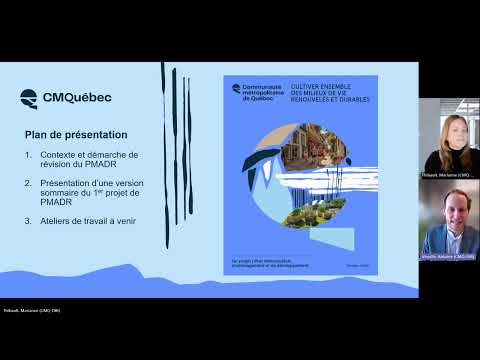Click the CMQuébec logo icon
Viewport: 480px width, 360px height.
[x=30, y=98]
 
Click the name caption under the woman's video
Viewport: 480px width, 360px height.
[x=446, y=175]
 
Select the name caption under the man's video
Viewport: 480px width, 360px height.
[x=446, y=256]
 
